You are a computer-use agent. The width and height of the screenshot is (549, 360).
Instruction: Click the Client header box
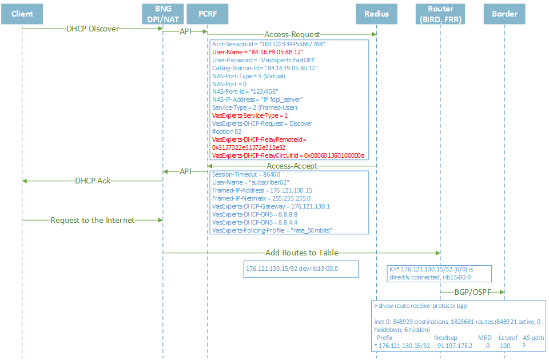pyautogui.click(x=22, y=14)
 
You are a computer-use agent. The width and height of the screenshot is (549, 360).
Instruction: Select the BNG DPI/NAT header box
pyautogui.click(x=163, y=14)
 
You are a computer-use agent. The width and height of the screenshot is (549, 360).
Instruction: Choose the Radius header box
pyautogui.click(x=376, y=14)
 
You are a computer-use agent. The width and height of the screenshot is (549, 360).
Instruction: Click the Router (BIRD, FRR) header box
pyautogui.click(x=440, y=14)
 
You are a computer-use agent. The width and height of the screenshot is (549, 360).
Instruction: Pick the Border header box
pyautogui.click(x=504, y=14)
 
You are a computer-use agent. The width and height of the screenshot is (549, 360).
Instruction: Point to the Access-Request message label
pyautogui.click(x=292, y=35)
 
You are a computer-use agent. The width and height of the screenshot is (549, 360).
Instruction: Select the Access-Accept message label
pyautogui.click(x=292, y=166)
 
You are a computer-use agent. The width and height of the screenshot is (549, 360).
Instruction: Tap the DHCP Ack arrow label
pyautogui.click(x=93, y=181)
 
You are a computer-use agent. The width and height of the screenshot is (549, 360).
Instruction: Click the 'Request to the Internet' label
pyautogui.click(x=92, y=220)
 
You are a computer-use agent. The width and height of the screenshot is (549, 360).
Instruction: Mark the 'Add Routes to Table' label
pyautogui.click(x=301, y=253)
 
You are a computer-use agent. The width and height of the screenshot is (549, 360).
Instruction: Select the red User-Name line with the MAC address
pyautogui.click(x=257, y=51)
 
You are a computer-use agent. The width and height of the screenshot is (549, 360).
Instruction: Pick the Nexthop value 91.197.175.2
pyautogui.click(x=456, y=346)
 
